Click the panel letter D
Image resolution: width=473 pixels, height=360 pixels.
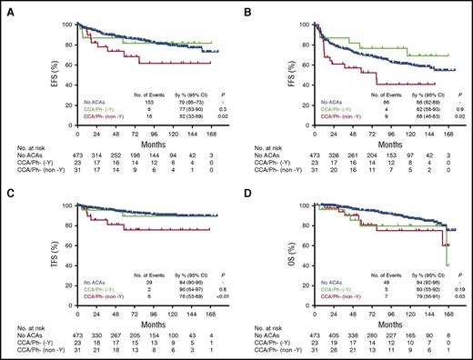(247, 189)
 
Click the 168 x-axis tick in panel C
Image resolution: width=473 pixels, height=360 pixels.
(212, 309)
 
